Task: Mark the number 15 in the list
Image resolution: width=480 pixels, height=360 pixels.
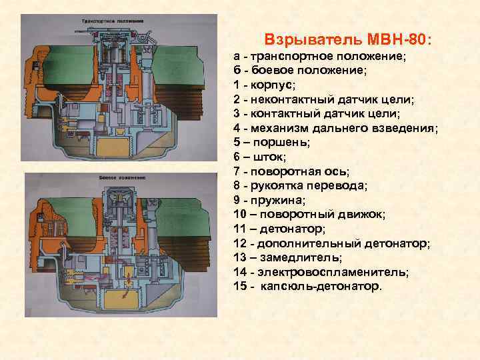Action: (241, 287)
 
